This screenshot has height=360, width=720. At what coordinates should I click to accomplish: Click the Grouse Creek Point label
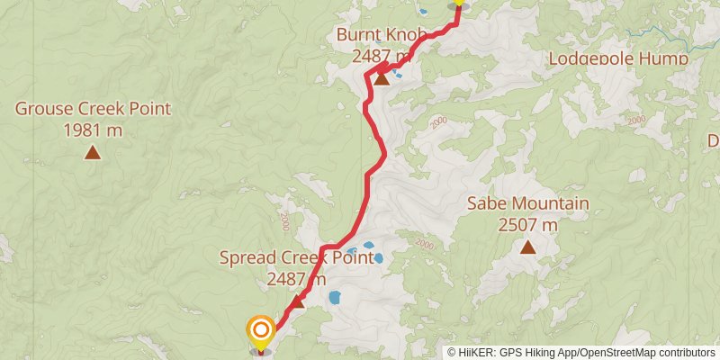click(x=93, y=110)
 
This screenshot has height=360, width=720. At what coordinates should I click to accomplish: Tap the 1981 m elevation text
click(x=93, y=130)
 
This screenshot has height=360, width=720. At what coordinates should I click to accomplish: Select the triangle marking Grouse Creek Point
click(x=92, y=152)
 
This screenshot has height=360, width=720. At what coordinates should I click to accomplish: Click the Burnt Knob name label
click(x=373, y=35)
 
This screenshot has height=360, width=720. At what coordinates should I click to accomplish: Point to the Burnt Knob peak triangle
click(x=382, y=78)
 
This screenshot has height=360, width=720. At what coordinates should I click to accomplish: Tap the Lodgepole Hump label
click(x=619, y=58)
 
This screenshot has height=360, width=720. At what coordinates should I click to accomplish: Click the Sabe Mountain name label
click(x=527, y=203)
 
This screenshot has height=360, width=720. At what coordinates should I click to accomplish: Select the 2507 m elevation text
click(x=527, y=224)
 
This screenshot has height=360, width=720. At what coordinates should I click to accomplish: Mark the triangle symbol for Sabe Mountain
click(x=527, y=246)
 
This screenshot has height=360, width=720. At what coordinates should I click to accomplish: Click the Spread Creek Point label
click(x=296, y=258)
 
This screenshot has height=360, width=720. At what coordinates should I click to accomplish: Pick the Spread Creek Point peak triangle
click(x=297, y=301)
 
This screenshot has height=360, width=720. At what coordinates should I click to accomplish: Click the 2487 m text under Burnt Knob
click(x=382, y=56)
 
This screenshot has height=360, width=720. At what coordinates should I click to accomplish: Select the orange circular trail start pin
click(x=260, y=330)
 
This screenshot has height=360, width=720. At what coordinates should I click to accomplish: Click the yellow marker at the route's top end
click(x=458, y=3)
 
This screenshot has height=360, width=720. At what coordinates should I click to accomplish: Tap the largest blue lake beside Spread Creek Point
click(x=335, y=297)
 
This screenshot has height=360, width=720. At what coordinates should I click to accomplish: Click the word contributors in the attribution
click(x=687, y=352)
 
